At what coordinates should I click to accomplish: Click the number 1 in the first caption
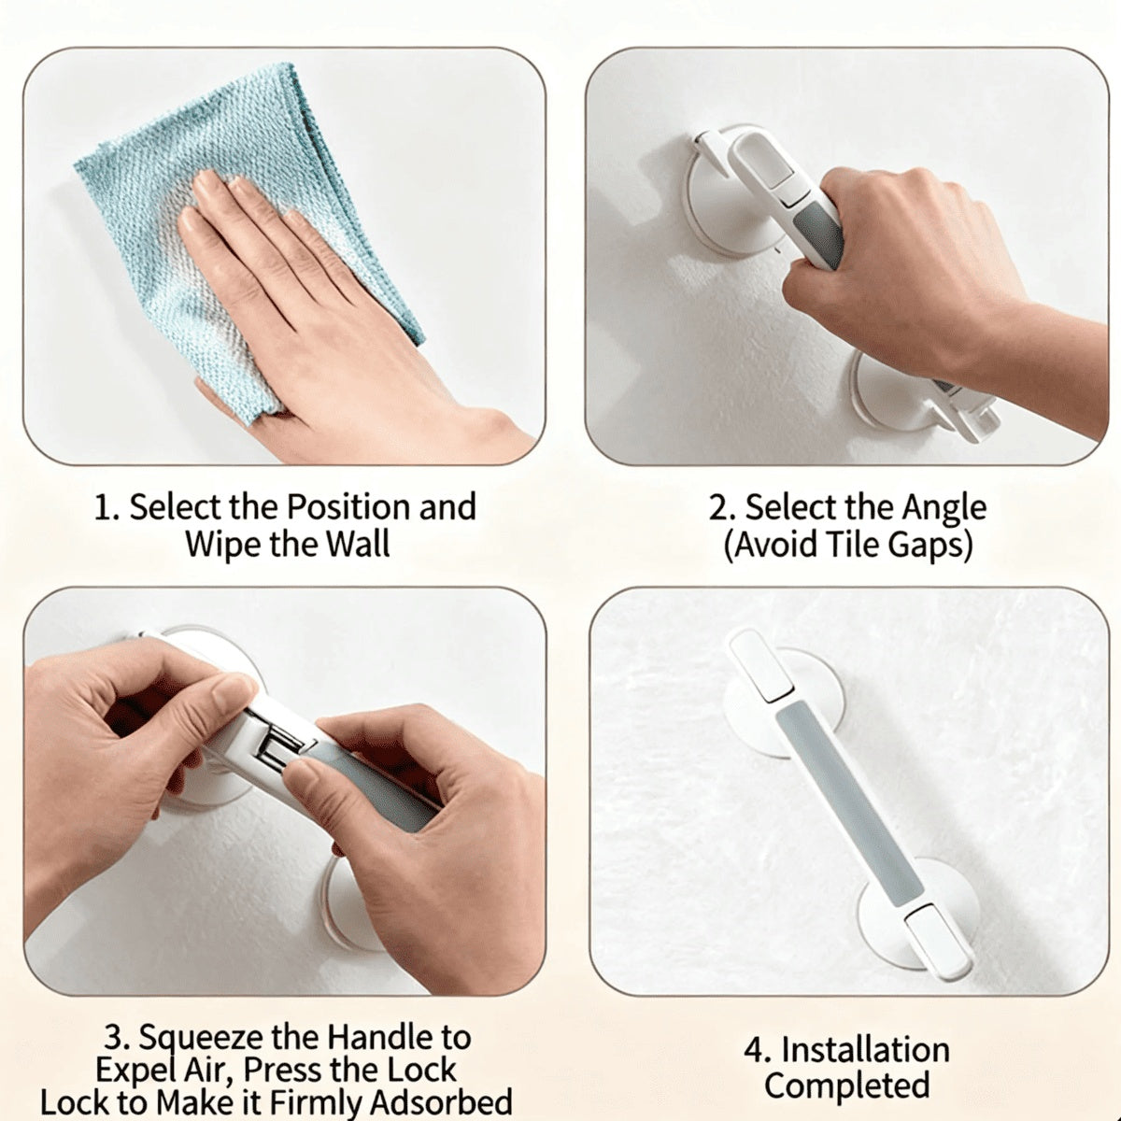pos(103,508)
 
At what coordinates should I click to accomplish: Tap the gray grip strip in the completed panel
pos(849,803)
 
